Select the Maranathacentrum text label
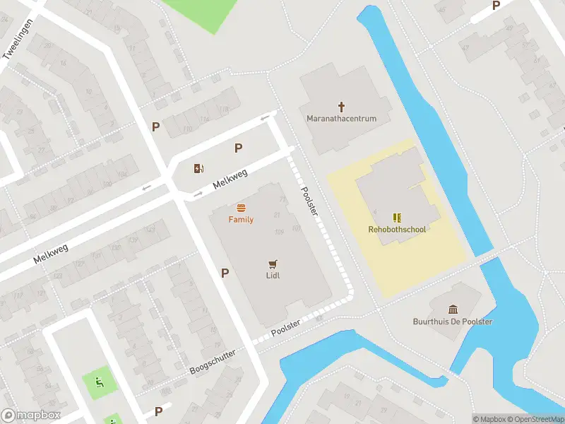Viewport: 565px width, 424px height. pos(342,119)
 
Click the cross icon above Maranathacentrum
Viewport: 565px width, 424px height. pos(342,107)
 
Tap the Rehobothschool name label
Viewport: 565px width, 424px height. pos(398,229)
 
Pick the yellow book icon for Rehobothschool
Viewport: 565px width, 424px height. pos(397,217)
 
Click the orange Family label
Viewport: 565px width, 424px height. pos(241,220)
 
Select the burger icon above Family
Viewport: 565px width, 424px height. pos(241,208)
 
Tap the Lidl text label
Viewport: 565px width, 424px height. pos(273,275)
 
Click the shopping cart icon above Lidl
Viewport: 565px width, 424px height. pos(273,263)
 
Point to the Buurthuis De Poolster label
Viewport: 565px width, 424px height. pos(453,322)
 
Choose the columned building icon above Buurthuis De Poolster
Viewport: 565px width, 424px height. pos(453,309)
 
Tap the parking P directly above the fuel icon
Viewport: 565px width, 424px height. pos(239,148)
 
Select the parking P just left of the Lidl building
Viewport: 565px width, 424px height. pos(225,273)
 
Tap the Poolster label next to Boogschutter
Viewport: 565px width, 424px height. pos(286,328)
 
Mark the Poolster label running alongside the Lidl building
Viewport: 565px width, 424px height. pos(309,201)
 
